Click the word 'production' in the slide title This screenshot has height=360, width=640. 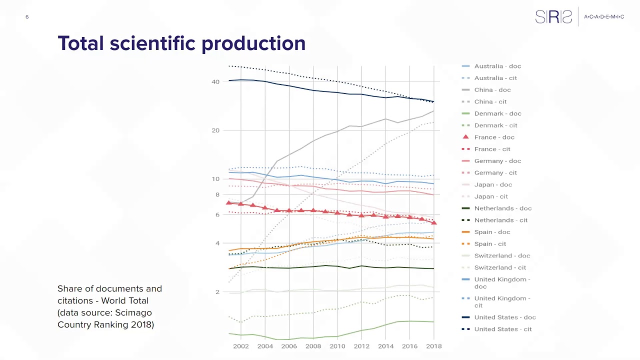(253, 44)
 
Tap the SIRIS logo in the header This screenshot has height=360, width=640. (553, 17)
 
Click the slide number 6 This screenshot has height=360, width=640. (27, 17)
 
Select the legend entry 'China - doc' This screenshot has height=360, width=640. (492, 90)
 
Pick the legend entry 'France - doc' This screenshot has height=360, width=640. (494, 137)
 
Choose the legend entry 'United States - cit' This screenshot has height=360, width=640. (502, 329)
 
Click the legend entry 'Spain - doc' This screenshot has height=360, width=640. (492, 232)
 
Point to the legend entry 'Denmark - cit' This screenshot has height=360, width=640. (495, 125)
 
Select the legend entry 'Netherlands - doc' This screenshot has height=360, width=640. (502, 208)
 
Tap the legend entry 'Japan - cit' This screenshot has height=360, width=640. (490, 196)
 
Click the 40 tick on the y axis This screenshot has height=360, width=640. (215, 82)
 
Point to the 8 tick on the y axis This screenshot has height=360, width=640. (217, 194)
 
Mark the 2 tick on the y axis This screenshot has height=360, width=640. (217, 292)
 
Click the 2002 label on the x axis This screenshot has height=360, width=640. (241, 346)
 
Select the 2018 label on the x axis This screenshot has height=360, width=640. (433, 346)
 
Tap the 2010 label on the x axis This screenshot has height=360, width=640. (337, 346)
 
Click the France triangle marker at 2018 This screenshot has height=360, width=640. (434, 222)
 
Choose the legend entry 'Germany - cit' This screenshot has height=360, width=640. (495, 173)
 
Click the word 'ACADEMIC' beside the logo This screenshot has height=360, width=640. (604, 17)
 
